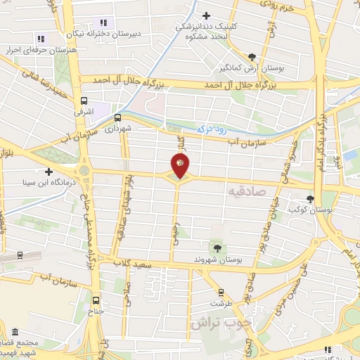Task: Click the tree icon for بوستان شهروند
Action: point(217,247)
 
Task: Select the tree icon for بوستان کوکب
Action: point(311,199)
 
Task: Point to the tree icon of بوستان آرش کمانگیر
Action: point(252,58)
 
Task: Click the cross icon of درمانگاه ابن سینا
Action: point(49,172)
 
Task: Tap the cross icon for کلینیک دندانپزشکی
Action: point(206,15)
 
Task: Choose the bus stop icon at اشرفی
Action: point(84,101)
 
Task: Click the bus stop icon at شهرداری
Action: point(117,117)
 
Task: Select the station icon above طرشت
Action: point(221,292)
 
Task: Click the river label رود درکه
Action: point(212,127)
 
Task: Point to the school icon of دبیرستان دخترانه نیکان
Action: point(103,23)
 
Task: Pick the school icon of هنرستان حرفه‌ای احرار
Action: point(41,39)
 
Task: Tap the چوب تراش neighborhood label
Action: point(219,323)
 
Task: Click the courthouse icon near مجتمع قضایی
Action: point(15,332)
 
